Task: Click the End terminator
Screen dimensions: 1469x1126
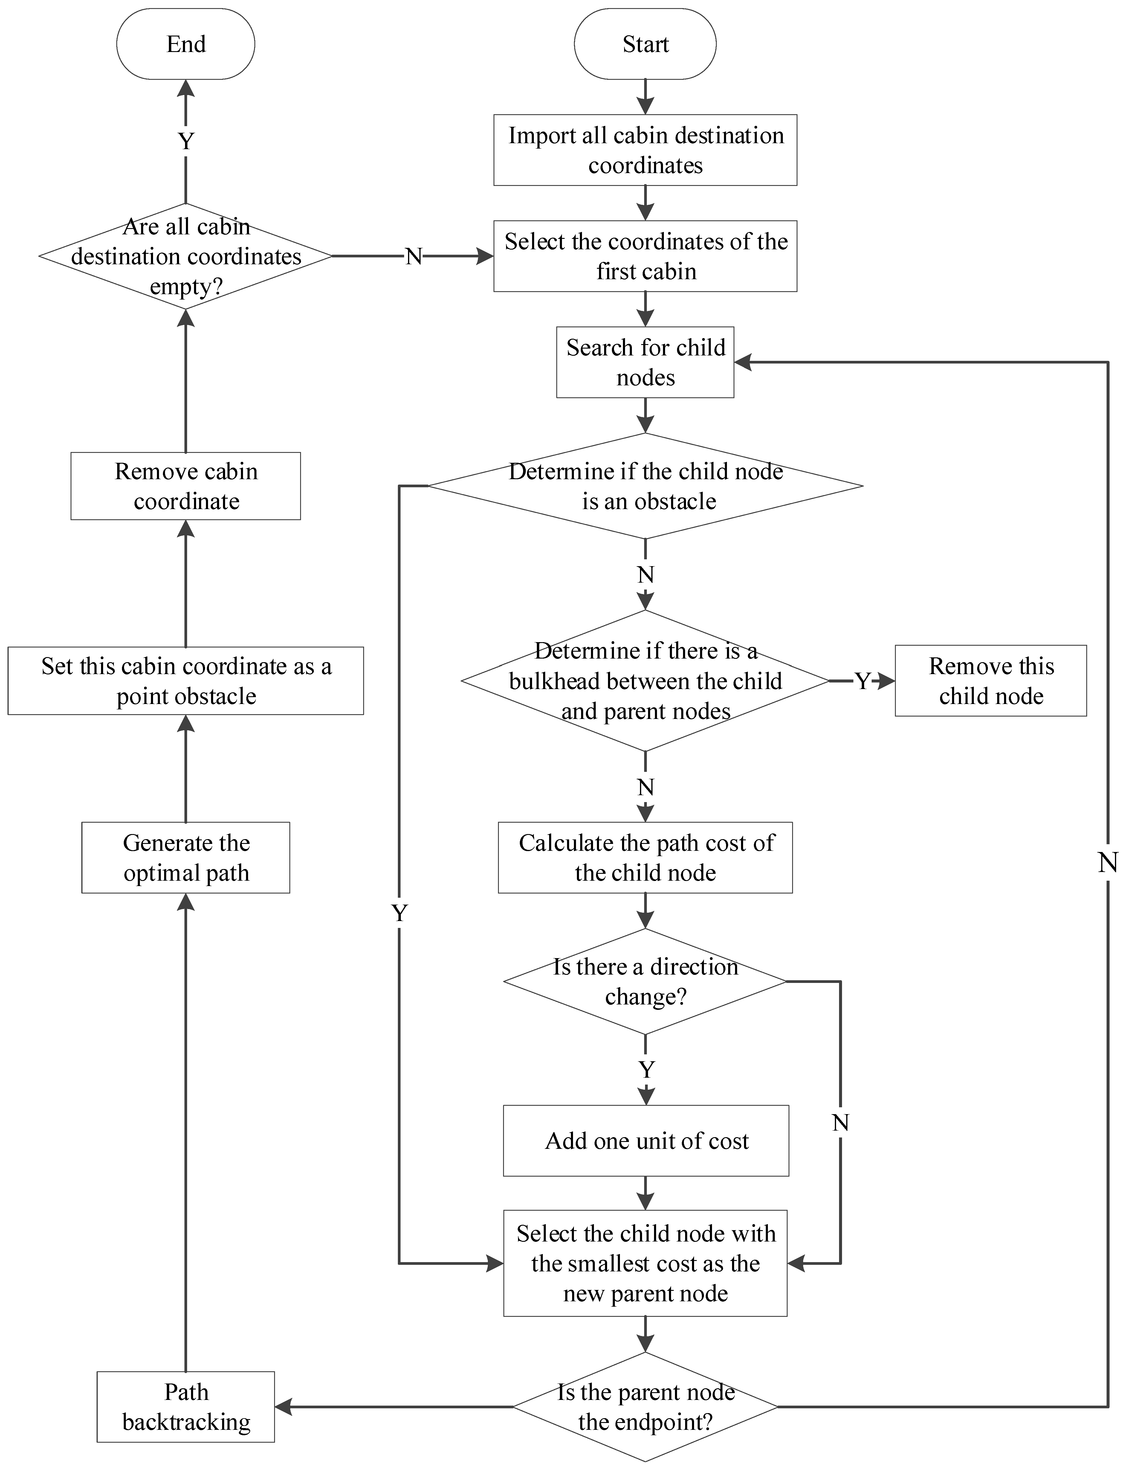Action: coord(186,44)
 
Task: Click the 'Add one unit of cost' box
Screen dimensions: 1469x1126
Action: coord(645,1141)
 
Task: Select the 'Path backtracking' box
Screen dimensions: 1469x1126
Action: coord(186,1407)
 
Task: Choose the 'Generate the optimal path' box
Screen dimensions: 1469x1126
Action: coord(186,858)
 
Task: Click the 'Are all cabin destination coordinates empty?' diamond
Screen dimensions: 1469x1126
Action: coord(186,256)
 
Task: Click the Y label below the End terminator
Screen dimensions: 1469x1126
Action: coord(186,141)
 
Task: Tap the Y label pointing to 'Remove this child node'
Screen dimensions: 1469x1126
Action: coord(862,681)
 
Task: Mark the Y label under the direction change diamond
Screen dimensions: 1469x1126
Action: coord(645,1070)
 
